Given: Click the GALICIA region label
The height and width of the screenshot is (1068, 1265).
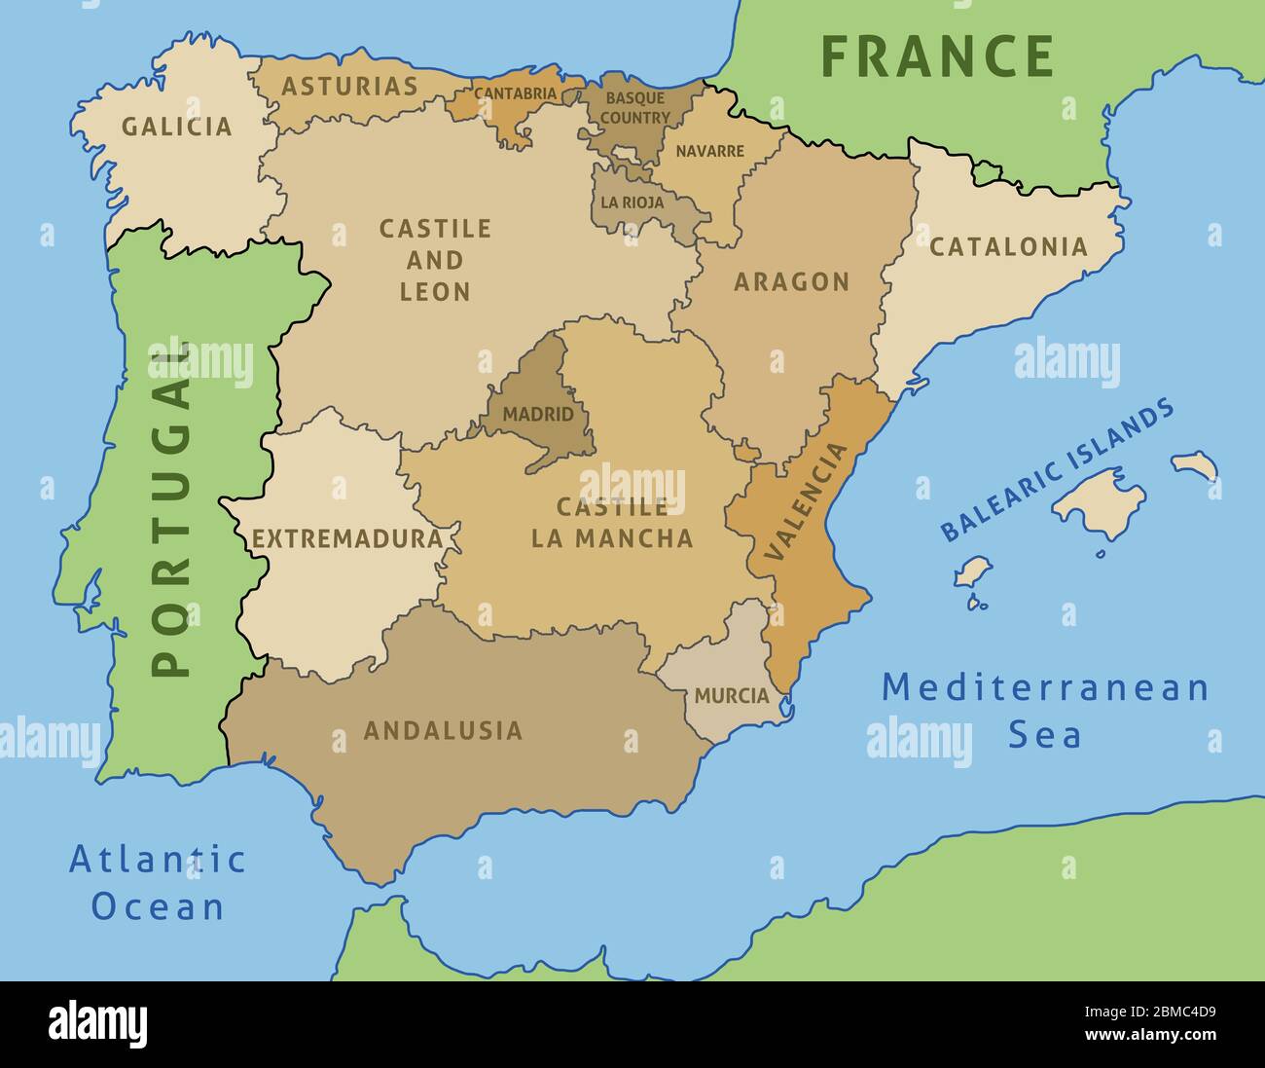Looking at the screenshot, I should (176, 127).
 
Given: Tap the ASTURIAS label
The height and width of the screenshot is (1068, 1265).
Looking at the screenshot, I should (349, 87).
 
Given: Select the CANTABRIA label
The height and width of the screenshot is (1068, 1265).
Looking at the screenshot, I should (515, 94).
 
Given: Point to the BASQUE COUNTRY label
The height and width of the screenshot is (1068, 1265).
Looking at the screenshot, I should (634, 108).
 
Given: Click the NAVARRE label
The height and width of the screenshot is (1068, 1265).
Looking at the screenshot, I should (709, 152).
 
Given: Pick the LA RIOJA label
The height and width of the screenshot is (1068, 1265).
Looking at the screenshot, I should (632, 203).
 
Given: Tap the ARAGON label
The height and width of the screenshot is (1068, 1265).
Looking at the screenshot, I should (791, 282).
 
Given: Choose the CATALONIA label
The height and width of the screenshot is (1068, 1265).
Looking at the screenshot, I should (1008, 247).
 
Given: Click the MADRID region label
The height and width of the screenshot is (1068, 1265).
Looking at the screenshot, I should (538, 415).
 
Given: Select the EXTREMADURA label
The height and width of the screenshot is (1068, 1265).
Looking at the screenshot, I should (347, 538).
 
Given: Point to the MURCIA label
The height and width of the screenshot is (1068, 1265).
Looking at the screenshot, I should (732, 697).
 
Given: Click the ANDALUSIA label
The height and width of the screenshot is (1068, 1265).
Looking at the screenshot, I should (443, 730).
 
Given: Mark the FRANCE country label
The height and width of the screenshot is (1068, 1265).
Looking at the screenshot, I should (937, 56).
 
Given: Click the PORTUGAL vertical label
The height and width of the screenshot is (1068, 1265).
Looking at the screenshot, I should (170, 508).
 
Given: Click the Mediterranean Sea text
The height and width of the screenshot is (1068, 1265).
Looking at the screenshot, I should (1045, 711).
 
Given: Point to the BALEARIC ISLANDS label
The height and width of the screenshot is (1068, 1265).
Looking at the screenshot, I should (1057, 470).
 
